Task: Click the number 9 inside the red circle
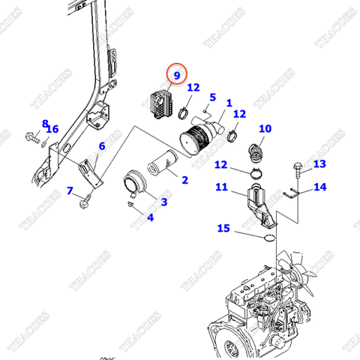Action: [178, 75]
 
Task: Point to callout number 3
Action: [163, 202]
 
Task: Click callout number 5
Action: [212, 97]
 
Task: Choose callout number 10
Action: [265, 128]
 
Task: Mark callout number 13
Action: [319, 163]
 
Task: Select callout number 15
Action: [223, 227]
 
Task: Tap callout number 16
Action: [52, 130]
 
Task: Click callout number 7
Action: [70, 191]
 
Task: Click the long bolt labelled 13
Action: [295, 174]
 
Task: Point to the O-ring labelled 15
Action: [265, 238]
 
